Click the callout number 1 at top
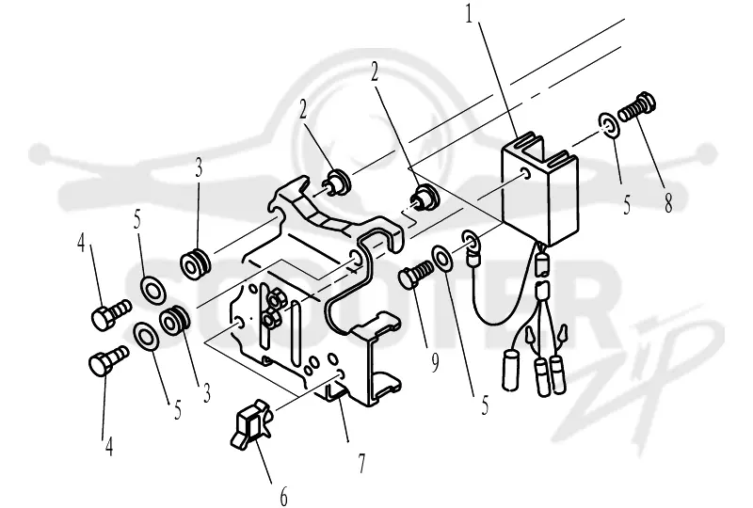[469, 14]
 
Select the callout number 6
[283, 496]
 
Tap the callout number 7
[361, 463]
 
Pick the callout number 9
[434, 362]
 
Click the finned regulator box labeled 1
[539, 189]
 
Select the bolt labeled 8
[636, 106]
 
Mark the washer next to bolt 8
[609, 125]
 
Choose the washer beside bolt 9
[441, 260]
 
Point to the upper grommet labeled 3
[195, 264]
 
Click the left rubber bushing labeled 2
[338, 180]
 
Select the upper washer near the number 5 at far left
[152, 289]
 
